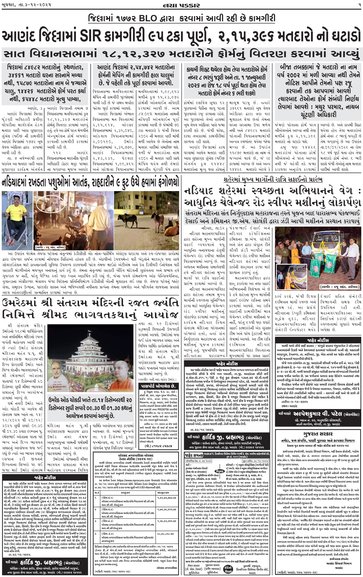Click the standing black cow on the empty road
[x=127, y=219]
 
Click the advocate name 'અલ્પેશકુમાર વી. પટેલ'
[x=317, y=414]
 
